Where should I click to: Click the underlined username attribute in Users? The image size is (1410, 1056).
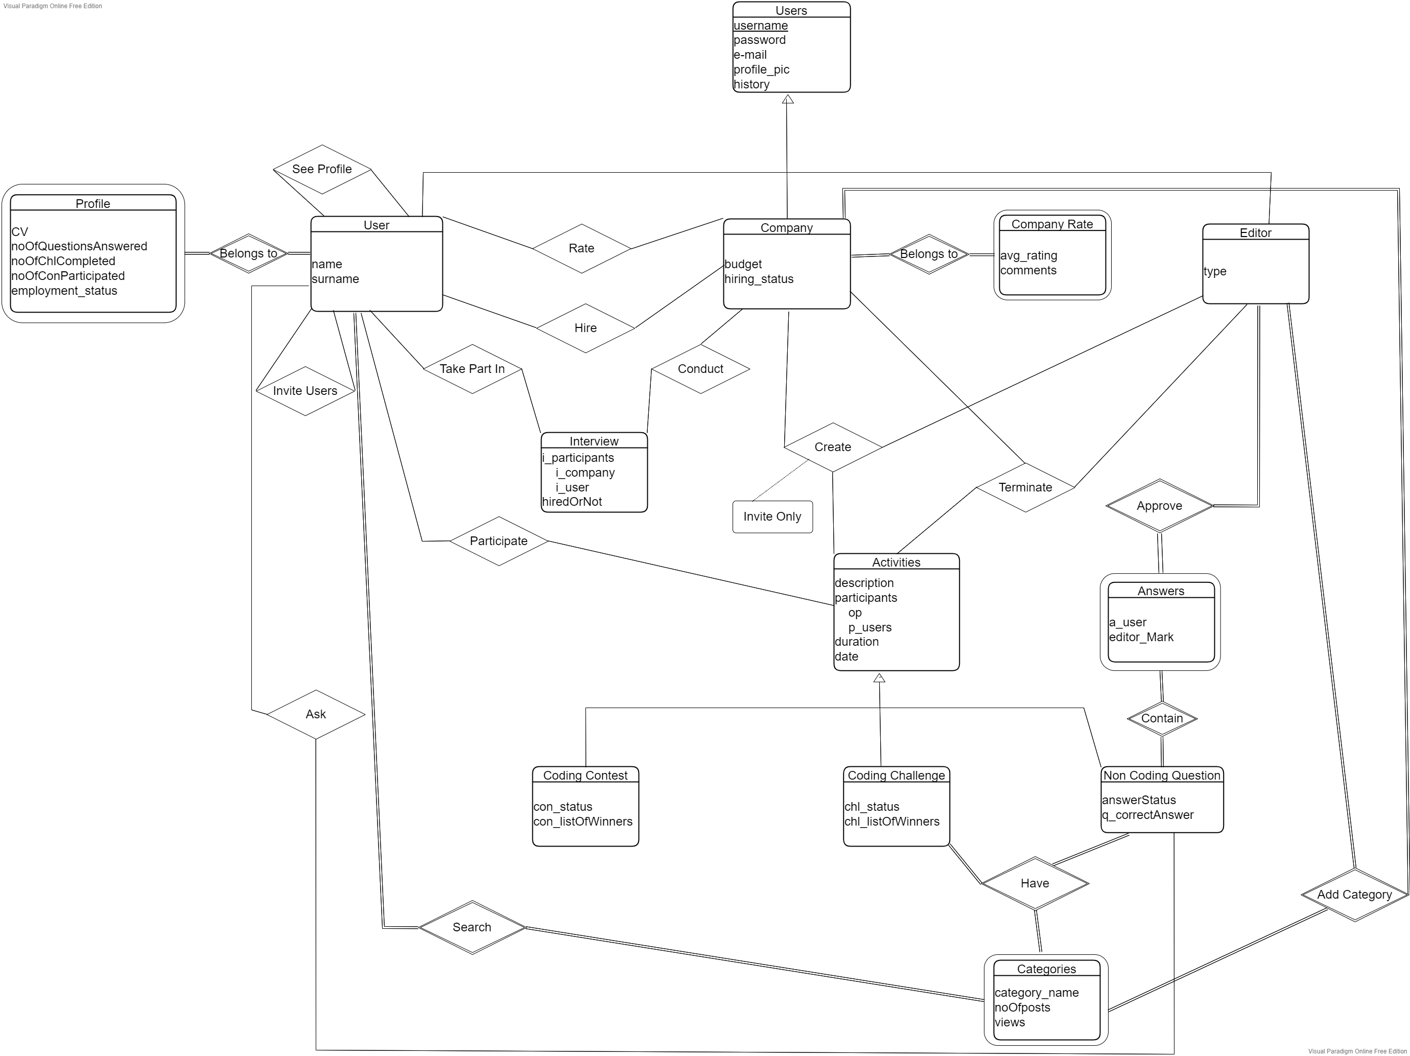pos(761,26)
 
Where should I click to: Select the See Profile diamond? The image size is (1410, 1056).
pos(322,169)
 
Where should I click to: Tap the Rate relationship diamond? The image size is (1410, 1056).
pos(581,248)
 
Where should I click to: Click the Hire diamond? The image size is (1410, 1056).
pos(585,327)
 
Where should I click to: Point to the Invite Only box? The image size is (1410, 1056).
pos(772,516)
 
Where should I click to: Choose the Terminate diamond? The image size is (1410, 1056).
pos(1025,487)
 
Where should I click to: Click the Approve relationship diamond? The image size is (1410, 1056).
pos(1159,505)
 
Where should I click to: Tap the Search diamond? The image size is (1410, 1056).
pos(472,927)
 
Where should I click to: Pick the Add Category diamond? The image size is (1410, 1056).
pos(1354,895)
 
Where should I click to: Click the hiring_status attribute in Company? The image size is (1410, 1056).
pos(759,278)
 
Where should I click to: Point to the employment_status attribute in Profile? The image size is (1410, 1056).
pos(64,291)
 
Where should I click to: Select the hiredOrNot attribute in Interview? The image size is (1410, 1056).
pos(572,502)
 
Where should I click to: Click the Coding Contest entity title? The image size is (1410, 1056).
pos(585,775)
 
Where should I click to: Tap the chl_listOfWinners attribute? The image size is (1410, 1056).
pos(892,822)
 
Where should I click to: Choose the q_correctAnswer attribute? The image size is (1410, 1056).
pos(1147,814)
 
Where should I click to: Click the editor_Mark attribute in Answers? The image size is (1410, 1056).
pos(1141,637)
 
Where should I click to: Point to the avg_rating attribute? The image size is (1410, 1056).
pos(1028,255)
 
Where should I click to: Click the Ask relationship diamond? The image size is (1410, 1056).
pos(316,714)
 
